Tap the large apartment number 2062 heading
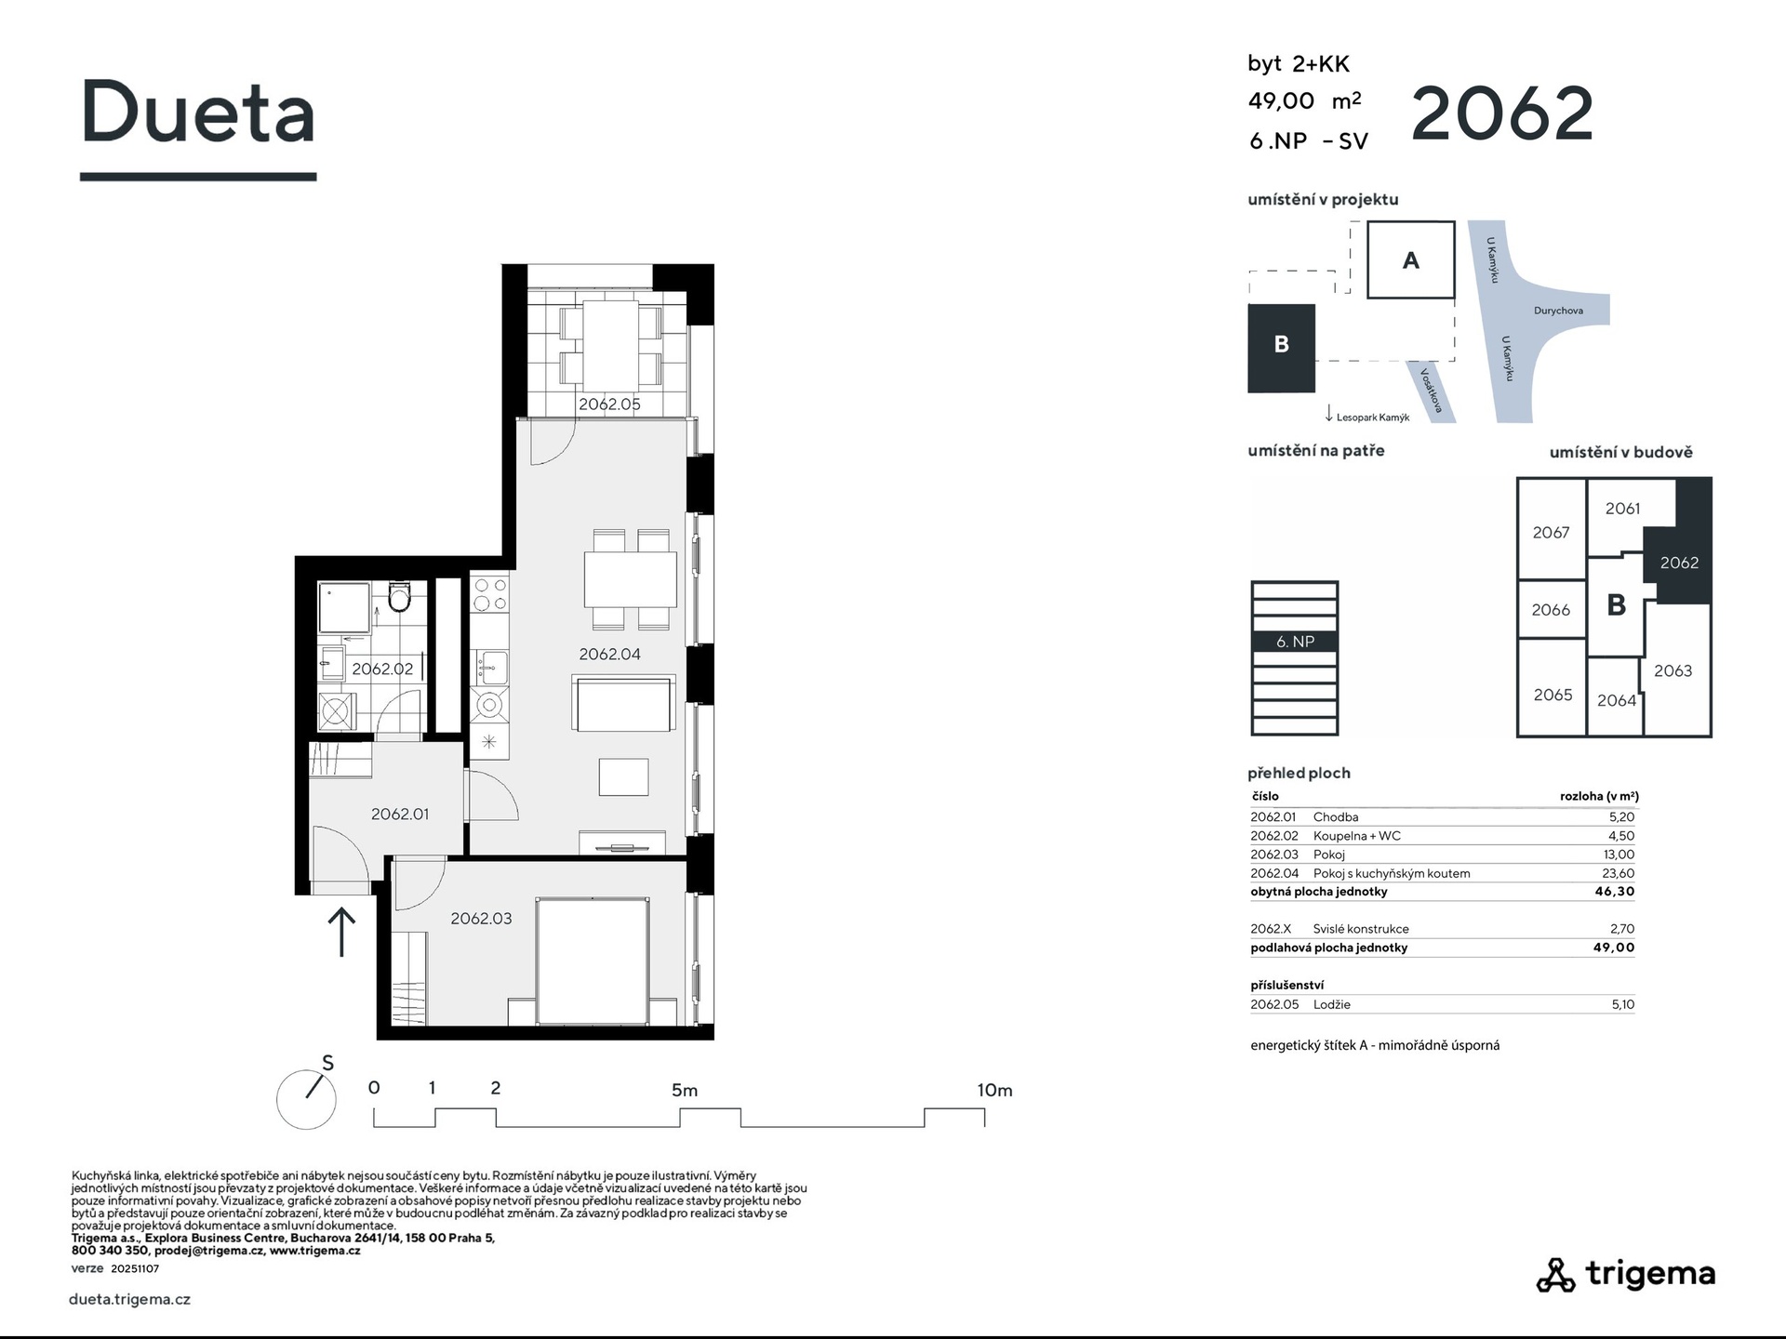coord(1502,113)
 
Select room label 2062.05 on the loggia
coord(609,404)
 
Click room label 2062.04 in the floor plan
coord(609,655)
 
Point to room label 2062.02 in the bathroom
coord(382,669)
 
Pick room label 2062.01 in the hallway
coord(400,814)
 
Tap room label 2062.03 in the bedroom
coord(481,919)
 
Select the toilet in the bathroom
coord(400,597)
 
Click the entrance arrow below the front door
coord(341,932)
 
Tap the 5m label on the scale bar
coord(685,1090)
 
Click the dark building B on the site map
coord(1281,348)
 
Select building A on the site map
coord(1410,259)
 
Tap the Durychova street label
coord(1558,311)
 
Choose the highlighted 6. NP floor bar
coord(1295,642)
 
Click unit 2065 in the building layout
coord(1553,695)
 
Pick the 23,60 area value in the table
coord(1619,873)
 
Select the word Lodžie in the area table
coord(1332,1004)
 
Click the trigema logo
coord(1625,1274)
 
